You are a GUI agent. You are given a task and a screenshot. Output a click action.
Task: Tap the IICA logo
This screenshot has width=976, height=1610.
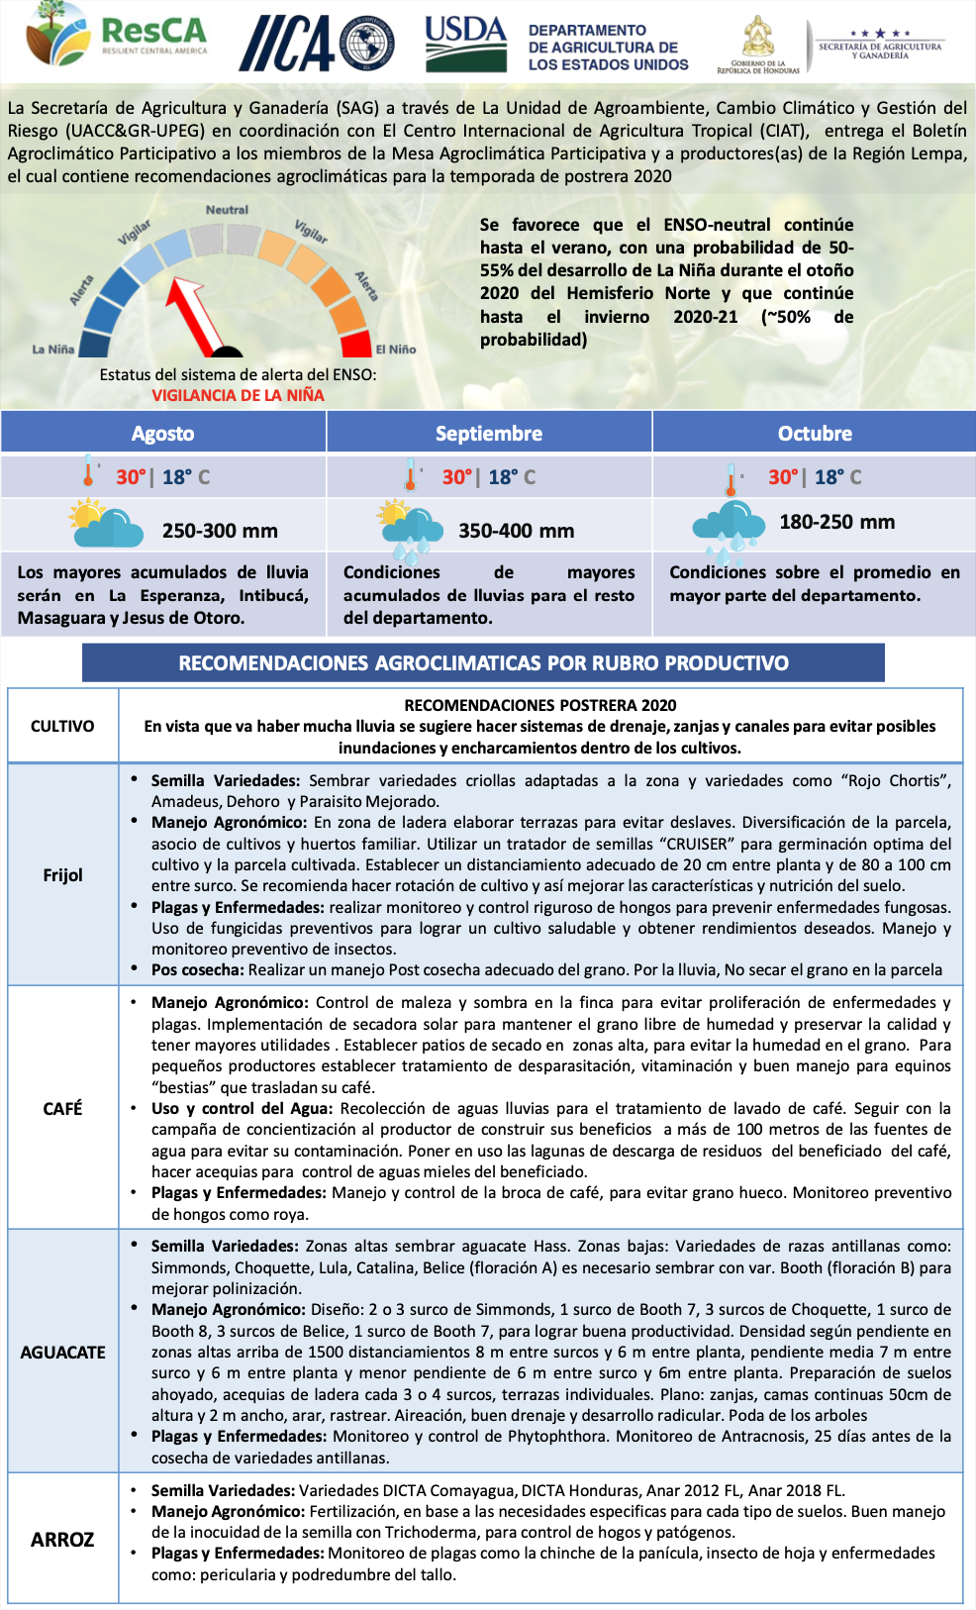pyautogui.click(x=315, y=43)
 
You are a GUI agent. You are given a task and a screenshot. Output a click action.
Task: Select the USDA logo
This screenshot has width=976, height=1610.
pyautogui.click(x=465, y=43)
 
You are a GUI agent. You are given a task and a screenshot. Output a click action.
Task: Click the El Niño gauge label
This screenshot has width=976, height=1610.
pyautogui.click(x=396, y=350)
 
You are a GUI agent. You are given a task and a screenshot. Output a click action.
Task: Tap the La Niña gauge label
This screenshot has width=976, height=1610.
pyautogui.click(x=53, y=350)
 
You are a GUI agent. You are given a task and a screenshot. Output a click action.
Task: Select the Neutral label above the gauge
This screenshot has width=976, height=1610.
pyautogui.click(x=227, y=210)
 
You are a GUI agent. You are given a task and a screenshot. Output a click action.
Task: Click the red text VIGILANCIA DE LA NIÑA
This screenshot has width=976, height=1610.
pyautogui.click(x=238, y=395)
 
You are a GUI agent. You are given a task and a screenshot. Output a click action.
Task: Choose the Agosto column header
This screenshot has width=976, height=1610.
pyautogui.click(x=163, y=433)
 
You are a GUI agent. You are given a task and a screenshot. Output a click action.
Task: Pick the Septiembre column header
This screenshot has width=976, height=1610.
pyautogui.click(x=489, y=433)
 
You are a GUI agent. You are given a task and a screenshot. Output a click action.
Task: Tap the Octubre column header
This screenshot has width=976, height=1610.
pyautogui.click(x=815, y=433)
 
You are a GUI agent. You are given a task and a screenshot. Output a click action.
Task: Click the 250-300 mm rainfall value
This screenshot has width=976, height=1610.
pyautogui.click(x=220, y=531)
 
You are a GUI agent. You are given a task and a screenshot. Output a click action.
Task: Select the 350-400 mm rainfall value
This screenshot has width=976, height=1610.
pyautogui.click(x=516, y=531)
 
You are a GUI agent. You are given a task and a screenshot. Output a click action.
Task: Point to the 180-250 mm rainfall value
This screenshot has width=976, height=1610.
pyautogui.click(x=836, y=522)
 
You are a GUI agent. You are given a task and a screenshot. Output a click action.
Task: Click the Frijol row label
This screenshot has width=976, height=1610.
pyautogui.click(x=62, y=875)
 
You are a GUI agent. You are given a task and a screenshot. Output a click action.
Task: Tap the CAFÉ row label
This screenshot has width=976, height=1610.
pyautogui.click(x=62, y=1108)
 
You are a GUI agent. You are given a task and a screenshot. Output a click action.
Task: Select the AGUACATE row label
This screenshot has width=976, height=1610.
pyautogui.click(x=62, y=1352)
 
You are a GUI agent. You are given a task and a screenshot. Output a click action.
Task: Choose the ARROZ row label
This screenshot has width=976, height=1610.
pyautogui.click(x=62, y=1539)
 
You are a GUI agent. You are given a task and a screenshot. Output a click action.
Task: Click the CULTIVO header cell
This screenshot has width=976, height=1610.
pyautogui.click(x=62, y=726)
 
